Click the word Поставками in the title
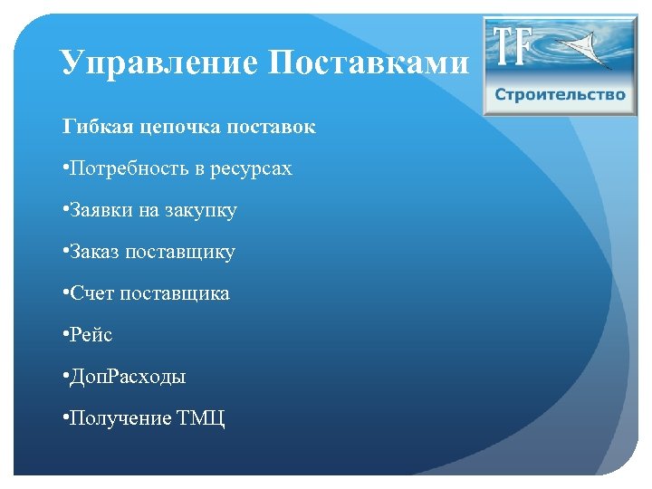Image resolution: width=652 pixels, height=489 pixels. pyautogui.click(x=369, y=62)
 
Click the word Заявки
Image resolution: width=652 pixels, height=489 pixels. pyautogui.click(x=102, y=210)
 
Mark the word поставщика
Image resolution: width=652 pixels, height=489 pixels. pyautogui.click(x=175, y=293)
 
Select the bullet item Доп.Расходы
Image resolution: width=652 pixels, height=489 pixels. pyautogui.click(x=128, y=377)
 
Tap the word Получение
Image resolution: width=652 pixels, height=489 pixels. pyautogui.click(x=117, y=418)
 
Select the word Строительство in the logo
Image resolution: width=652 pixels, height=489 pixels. pyautogui.click(x=560, y=95)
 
